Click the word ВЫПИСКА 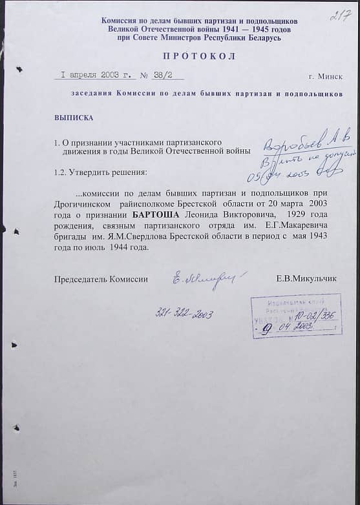(74, 118)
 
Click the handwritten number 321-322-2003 (185, 314)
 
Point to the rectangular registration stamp (295, 315)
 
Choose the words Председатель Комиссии (101, 279)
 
